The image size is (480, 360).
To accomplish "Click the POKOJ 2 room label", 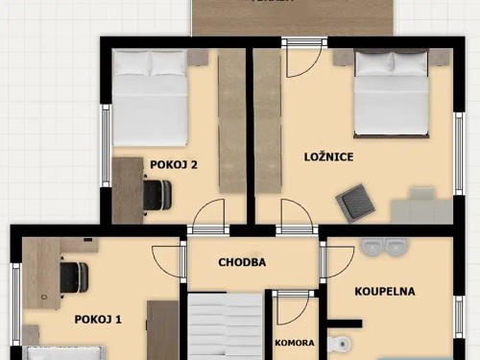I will [x=174, y=164].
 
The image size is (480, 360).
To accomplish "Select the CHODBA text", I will [x=242, y=262].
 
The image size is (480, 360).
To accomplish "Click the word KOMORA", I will [x=293, y=342].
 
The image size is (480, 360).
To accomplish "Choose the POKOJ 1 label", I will [x=98, y=319].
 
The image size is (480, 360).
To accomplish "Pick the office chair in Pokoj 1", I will [x=73, y=277].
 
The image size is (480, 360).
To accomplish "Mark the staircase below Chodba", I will [x=224, y=326].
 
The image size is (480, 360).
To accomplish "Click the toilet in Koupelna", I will [x=340, y=344].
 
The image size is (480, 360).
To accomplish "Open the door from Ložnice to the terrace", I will [x=303, y=60].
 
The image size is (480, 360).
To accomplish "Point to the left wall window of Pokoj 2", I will [x=106, y=144].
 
